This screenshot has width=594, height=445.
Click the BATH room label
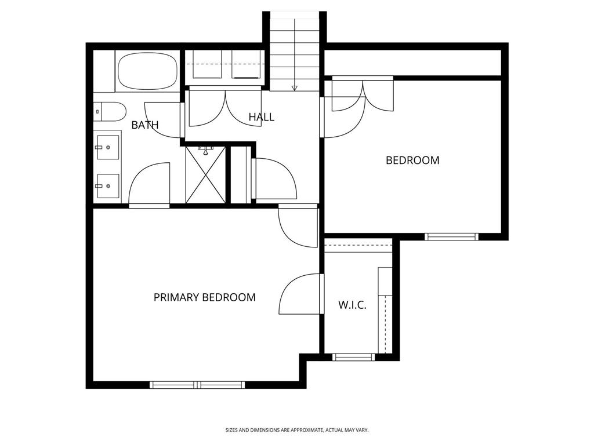click(144, 125)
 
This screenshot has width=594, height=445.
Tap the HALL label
click(262, 117)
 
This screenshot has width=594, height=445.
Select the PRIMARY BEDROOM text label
click(205, 297)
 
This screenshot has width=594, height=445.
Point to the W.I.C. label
click(352, 305)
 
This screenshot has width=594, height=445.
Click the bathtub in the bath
click(147, 71)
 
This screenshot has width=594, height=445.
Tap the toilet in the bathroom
click(110, 112)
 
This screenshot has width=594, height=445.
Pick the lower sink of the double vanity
click(107, 186)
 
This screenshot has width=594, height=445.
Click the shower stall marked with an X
click(206, 175)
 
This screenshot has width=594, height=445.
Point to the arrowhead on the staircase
click(294, 89)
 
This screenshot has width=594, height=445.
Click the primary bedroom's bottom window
click(197, 385)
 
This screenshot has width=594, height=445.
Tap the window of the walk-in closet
click(353, 357)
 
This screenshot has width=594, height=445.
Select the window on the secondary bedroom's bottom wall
click(451, 237)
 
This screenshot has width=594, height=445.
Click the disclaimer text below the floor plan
click(297, 431)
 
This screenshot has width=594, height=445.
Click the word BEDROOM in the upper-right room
click(412, 160)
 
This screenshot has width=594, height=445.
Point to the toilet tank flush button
click(97, 112)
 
